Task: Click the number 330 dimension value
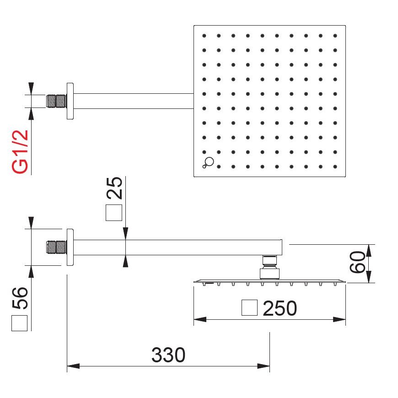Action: pyautogui.click(x=168, y=355)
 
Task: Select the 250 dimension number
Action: pyautogui.click(x=280, y=309)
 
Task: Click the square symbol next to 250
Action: pyautogui.click(x=249, y=308)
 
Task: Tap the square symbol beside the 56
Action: pyautogui.click(x=20, y=323)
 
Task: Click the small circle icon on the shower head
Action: pyautogui.click(x=209, y=161)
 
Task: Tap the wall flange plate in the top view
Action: pyautogui.click(x=70, y=101)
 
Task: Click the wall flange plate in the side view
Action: pyautogui.click(x=70, y=247)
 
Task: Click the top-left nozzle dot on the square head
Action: pyautogui.click(x=204, y=36)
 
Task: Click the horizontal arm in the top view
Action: pyautogui.click(x=133, y=101)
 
